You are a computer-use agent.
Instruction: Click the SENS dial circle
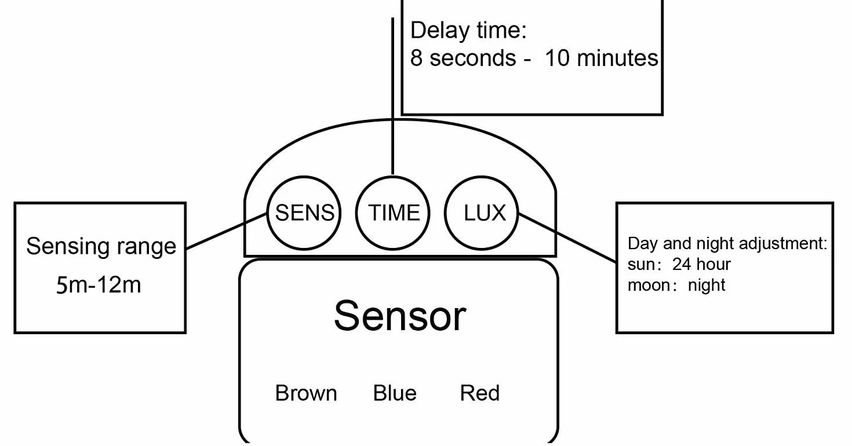click(267, 213)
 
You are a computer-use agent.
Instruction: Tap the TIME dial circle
click(356, 213)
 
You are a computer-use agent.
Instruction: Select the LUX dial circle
click(445, 213)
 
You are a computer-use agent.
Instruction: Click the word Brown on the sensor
click(306, 393)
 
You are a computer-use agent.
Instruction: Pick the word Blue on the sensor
click(395, 393)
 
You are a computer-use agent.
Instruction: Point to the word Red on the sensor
click(480, 393)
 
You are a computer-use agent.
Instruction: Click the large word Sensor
click(400, 316)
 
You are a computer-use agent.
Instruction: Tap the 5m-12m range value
click(99, 285)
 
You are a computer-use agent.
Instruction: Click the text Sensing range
click(101, 246)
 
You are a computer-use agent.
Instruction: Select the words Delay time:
click(468, 31)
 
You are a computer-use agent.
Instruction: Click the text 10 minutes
click(602, 58)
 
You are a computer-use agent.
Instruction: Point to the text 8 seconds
click(463, 58)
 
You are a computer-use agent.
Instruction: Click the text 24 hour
click(701, 264)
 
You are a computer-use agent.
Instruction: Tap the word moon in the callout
click(649, 285)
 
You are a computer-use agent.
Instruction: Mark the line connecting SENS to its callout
click(226, 231)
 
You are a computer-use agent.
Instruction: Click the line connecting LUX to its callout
click(567, 238)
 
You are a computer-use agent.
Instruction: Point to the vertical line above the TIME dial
click(392, 96)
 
